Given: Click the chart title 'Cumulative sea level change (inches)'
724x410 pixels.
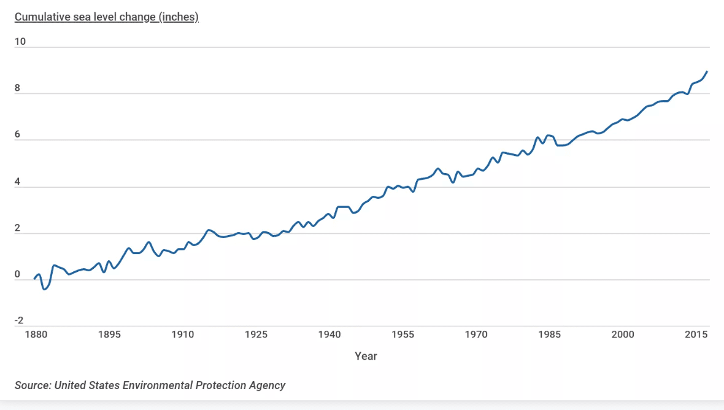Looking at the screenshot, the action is click(x=107, y=17).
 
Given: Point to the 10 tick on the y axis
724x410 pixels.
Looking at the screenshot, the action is click(x=20, y=42).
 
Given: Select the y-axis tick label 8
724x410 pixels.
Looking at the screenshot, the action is click(x=18, y=88).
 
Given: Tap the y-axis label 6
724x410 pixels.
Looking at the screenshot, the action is click(x=18, y=134).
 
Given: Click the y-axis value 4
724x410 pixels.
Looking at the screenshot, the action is click(x=18, y=182).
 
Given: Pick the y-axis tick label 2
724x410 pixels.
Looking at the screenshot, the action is click(x=18, y=228).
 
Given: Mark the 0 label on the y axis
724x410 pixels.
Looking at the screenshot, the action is click(x=18, y=274).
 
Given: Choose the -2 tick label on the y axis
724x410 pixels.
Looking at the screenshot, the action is click(x=19, y=320).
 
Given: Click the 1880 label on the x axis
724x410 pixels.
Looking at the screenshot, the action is click(x=36, y=335).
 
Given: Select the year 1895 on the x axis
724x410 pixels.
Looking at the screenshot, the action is click(x=109, y=335).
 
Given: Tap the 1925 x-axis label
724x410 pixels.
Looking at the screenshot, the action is click(x=256, y=335).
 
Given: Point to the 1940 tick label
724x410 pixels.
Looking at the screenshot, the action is click(x=329, y=335).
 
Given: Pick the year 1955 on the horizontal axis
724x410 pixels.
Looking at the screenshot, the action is click(x=403, y=335).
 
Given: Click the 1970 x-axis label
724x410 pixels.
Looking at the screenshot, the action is click(x=476, y=335).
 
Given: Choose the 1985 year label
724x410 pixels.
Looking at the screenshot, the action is click(x=550, y=335).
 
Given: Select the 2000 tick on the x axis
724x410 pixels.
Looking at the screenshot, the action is click(x=623, y=335).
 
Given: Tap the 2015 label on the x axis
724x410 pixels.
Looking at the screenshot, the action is click(x=696, y=335).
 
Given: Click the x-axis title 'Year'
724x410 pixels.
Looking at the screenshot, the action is click(x=366, y=356).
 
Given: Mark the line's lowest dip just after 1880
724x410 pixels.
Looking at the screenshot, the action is click(x=44, y=289).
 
